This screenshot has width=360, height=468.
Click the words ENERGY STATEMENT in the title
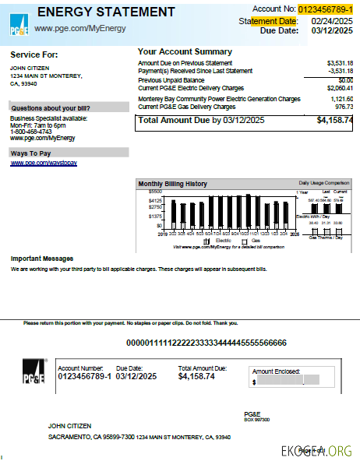click(x=106, y=12)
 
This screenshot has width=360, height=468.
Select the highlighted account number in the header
click(x=325, y=9)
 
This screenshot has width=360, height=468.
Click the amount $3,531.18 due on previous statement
click(x=340, y=62)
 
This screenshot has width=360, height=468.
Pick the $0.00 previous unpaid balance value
click(x=346, y=79)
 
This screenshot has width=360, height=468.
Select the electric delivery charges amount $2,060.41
click(x=340, y=88)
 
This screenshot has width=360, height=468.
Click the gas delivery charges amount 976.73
click(x=344, y=107)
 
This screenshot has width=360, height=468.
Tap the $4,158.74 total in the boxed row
click(x=334, y=121)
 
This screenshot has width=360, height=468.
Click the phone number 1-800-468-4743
click(x=32, y=132)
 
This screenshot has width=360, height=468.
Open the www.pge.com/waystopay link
click(x=44, y=163)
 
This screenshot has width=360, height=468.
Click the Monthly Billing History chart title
click(x=172, y=184)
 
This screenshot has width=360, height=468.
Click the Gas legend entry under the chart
click(x=254, y=241)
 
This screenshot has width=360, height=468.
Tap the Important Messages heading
click(x=42, y=258)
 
